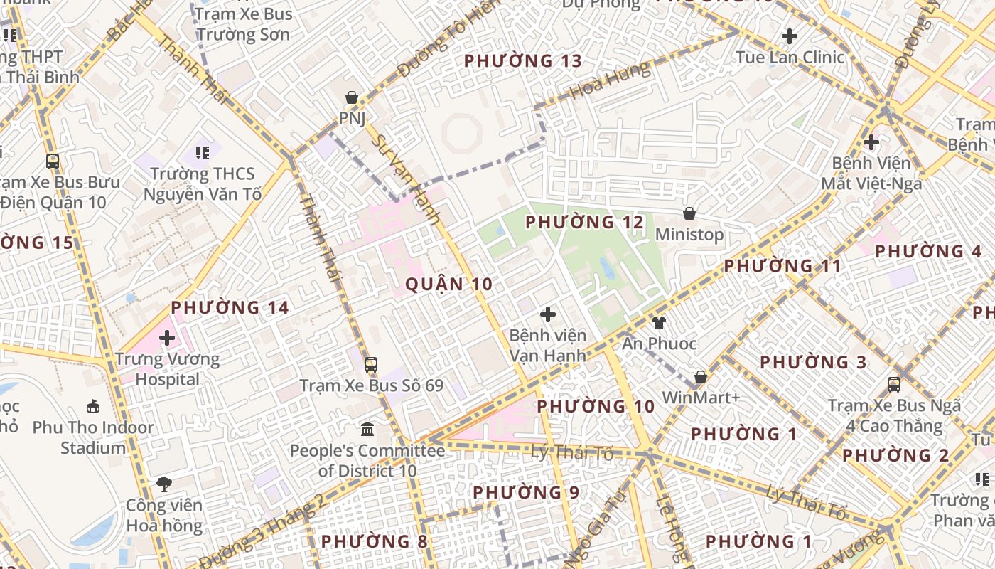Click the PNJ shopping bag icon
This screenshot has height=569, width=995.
[351, 97]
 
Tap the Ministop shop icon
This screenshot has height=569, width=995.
[689, 213]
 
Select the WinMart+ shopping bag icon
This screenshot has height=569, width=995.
[701, 377]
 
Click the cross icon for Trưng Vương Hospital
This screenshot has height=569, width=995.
[167, 338]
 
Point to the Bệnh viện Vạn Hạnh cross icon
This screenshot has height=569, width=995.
[548, 314]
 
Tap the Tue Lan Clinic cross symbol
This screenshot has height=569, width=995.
[789, 36]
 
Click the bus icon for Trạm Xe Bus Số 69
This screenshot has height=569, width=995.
[371, 365]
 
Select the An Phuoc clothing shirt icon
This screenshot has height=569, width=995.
[659, 323]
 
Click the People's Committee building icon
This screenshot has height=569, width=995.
[367, 430]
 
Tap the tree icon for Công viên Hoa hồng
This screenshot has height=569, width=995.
[164, 484]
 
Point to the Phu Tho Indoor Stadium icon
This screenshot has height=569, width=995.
[93, 407]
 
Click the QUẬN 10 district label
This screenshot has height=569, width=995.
[448, 284]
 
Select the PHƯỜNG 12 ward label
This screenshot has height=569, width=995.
[584, 223]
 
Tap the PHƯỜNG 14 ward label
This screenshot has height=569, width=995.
[230, 307]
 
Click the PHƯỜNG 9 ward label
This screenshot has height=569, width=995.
[526, 492]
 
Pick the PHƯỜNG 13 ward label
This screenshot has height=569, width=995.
[522, 61]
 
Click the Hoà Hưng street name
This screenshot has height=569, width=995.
[610, 80]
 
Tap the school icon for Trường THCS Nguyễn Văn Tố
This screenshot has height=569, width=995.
[203, 152]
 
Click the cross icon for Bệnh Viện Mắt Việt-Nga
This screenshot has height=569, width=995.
[871, 142]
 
